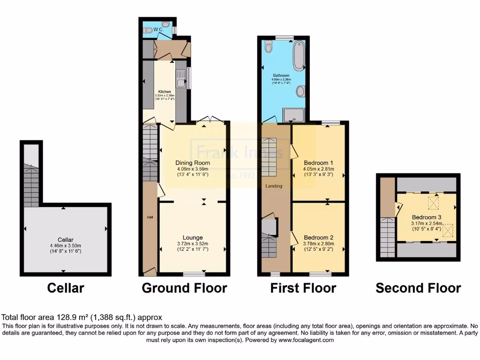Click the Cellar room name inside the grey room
point(66,240)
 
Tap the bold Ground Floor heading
point(184,288)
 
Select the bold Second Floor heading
point(418,288)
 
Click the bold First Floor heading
point(303,288)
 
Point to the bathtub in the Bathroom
point(299,56)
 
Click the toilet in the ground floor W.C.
point(149,30)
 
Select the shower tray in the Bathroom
point(294,114)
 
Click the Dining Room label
point(193,163)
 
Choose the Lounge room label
point(193,238)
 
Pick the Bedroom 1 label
point(318,163)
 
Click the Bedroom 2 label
point(318,237)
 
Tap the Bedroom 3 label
point(427,217)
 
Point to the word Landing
point(274,186)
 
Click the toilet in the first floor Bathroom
point(269,46)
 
